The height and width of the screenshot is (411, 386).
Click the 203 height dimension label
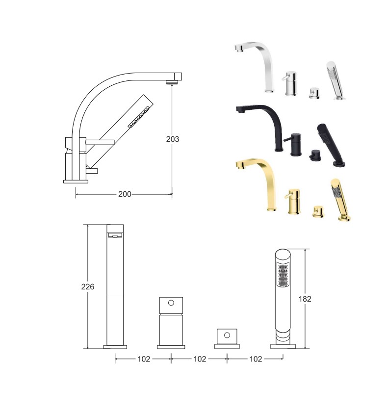[173, 139]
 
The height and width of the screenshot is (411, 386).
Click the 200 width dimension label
[125, 194]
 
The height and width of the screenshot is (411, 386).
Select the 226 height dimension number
[87, 287]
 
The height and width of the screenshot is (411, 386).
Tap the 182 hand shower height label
[305, 299]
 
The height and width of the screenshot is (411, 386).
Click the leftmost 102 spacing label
[144, 359]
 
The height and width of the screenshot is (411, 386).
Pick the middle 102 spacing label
[200, 359]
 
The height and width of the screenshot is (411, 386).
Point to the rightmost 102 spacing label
[256, 359]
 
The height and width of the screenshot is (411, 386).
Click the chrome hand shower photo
[336, 80]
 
